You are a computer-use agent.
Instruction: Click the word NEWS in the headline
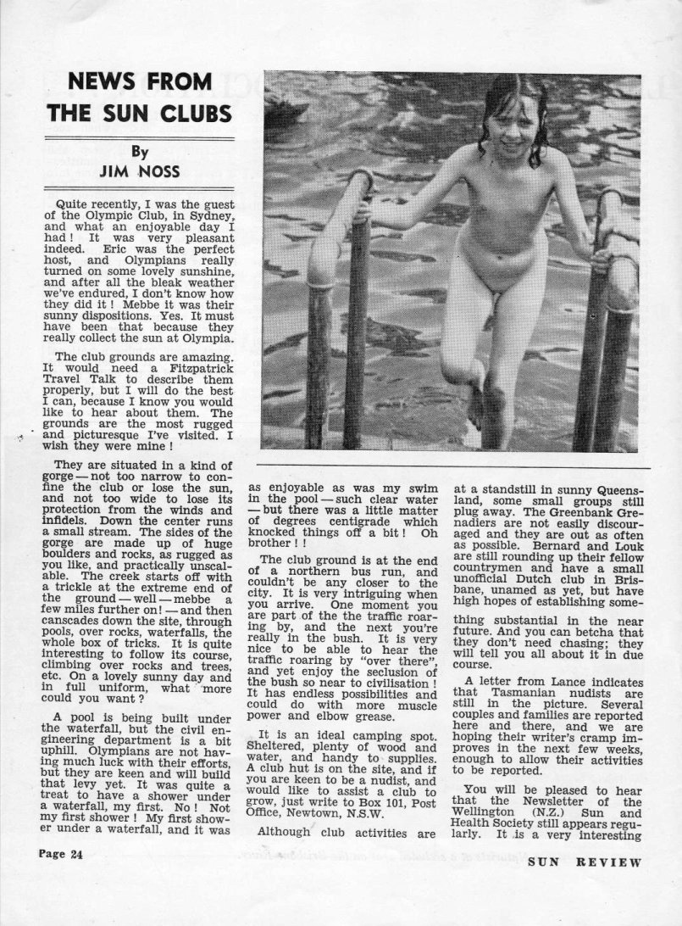pos(105,83)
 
